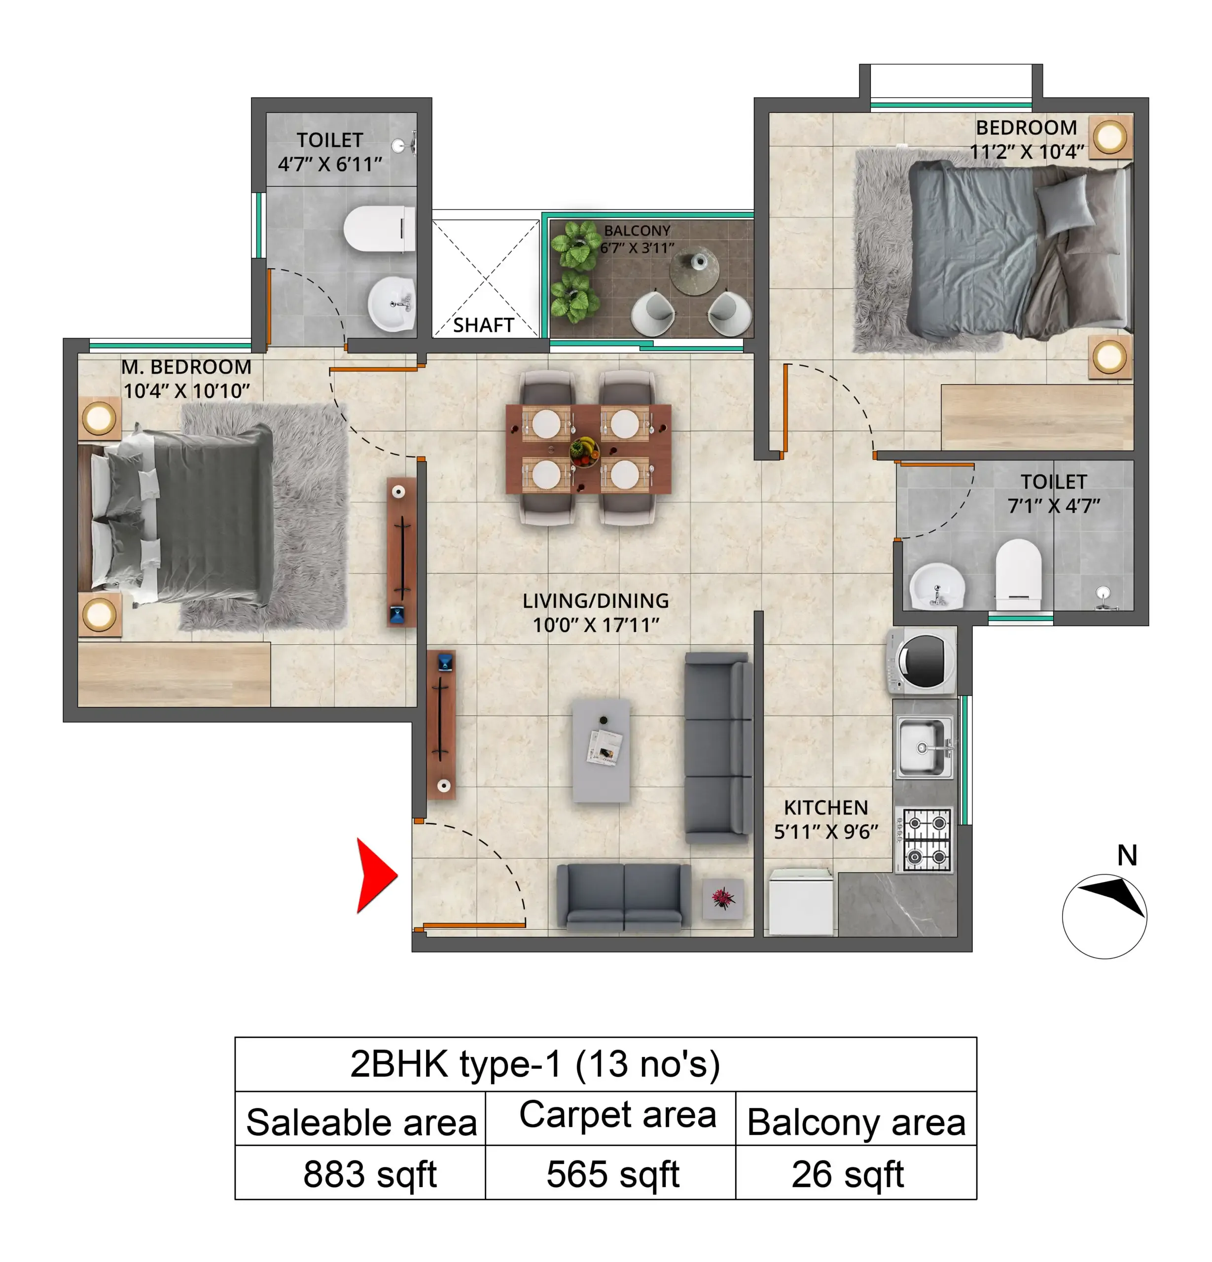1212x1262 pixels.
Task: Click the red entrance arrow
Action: tap(375, 875)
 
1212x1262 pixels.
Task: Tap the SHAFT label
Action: tap(483, 325)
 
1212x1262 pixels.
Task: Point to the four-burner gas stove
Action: tap(926, 840)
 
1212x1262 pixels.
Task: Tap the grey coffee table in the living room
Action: tap(601, 751)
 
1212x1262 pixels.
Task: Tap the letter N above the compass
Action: tap(1126, 855)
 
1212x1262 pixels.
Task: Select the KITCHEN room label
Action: tap(825, 807)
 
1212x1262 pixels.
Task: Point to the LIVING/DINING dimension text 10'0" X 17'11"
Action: tap(596, 625)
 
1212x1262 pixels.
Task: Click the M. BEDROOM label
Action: tap(186, 367)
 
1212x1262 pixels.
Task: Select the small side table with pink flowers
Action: tap(722, 898)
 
